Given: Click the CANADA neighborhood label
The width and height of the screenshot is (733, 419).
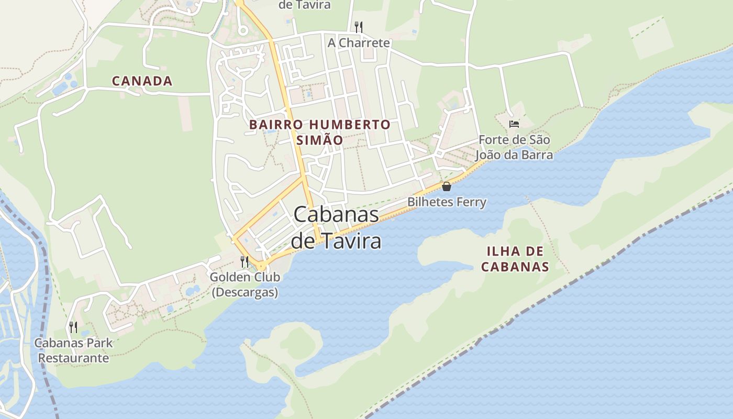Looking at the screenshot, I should click(x=142, y=81).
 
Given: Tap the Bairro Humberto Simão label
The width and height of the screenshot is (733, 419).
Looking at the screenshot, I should click(x=319, y=132).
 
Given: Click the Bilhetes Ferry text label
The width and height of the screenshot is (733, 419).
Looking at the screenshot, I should click(x=447, y=202).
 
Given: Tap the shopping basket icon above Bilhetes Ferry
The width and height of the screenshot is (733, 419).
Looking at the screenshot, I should click(x=447, y=186).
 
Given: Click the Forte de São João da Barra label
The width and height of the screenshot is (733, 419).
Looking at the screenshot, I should click(x=514, y=147).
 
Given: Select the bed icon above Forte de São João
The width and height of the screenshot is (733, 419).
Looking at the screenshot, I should click(x=514, y=124).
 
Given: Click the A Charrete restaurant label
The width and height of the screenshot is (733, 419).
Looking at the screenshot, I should click(x=359, y=43).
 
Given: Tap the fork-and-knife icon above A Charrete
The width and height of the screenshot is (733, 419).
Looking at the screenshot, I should click(x=359, y=26).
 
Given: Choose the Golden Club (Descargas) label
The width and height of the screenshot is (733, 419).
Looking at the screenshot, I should click(x=245, y=284).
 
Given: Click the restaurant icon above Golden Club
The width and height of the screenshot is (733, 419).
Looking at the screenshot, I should click(x=245, y=261).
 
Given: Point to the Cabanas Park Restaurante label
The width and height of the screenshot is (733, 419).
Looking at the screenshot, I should click(x=73, y=350).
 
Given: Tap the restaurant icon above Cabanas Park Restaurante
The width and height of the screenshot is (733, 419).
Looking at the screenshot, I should click(x=73, y=327).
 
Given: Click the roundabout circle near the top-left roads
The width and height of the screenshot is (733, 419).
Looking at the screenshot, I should click(x=242, y=31).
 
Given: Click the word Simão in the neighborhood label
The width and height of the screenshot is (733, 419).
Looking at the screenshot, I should click(x=319, y=140).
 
